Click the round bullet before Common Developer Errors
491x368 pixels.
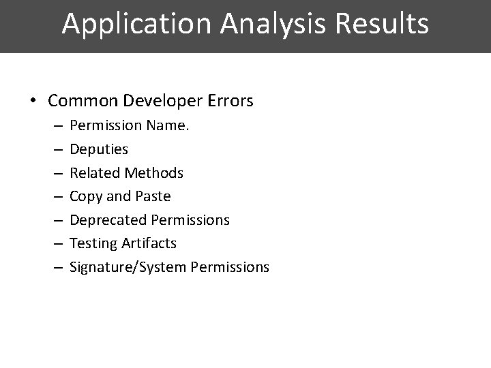point(33,102)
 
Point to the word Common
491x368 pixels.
point(81,102)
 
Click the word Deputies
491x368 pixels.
point(99,149)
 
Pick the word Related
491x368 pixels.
point(95,173)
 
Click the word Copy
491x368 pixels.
point(86,196)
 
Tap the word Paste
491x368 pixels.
point(153,196)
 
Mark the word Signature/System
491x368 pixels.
point(128,267)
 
